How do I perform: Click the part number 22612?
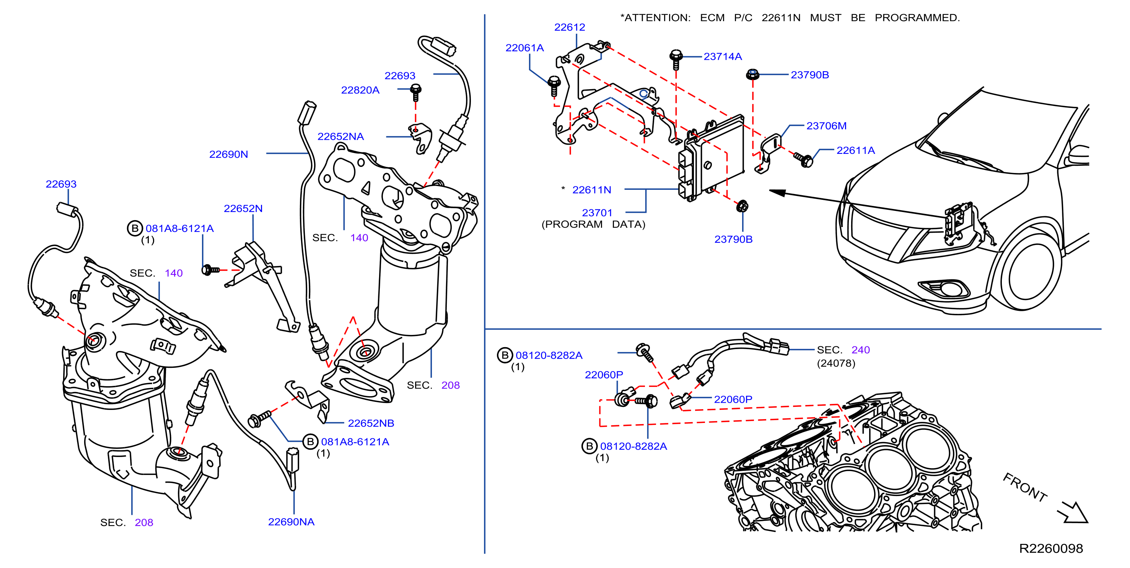tap(569, 27)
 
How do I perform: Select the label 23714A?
tap(723, 57)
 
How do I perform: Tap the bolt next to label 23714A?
tap(676, 60)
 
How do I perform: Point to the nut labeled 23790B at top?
tap(752, 75)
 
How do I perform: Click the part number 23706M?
tap(826, 126)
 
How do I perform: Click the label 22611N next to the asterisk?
tap(591, 190)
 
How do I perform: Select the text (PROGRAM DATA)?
tap(593, 224)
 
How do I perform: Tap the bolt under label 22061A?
tap(554, 86)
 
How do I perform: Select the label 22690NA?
tap(291, 522)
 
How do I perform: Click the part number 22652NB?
tap(371, 423)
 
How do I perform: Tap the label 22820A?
tap(360, 90)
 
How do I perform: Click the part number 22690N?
tap(228, 155)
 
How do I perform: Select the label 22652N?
tap(243, 209)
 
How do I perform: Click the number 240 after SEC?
tap(860, 350)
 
